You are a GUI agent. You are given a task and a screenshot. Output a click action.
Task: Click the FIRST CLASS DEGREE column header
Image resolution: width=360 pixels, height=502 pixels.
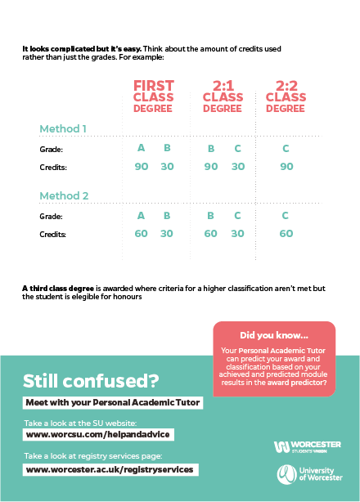click(x=154, y=96)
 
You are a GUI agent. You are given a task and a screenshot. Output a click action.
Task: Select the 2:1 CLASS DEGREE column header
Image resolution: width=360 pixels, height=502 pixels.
click(x=223, y=96)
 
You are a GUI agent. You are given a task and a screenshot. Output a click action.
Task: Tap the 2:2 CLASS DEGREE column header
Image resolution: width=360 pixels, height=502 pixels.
click(x=286, y=96)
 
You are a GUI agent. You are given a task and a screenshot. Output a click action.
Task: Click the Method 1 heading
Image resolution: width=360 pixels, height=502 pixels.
click(x=63, y=128)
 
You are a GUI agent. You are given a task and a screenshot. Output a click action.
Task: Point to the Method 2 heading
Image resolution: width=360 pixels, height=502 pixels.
click(x=64, y=195)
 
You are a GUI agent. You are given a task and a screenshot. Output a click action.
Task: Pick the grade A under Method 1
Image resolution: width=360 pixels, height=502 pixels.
click(x=141, y=148)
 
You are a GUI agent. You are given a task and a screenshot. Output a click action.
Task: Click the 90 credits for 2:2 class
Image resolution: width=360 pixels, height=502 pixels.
click(x=286, y=167)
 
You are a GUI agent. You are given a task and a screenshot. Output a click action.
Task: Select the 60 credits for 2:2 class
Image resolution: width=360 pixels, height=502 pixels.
click(x=286, y=233)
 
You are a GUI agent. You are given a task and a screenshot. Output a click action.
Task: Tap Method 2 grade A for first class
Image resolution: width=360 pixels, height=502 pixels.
click(x=141, y=216)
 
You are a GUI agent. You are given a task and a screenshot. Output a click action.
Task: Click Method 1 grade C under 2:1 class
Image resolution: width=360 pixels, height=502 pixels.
click(x=237, y=149)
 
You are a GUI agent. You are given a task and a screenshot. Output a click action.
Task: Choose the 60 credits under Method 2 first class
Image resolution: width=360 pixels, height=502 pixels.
click(x=141, y=233)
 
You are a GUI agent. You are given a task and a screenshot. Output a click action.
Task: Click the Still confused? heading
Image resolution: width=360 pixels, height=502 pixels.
click(x=91, y=381)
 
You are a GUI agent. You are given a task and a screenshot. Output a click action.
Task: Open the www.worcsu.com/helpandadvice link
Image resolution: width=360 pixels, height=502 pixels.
click(x=98, y=434)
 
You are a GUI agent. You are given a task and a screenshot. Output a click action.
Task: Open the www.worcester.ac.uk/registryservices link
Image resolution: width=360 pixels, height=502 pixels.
click(x=110, y=469)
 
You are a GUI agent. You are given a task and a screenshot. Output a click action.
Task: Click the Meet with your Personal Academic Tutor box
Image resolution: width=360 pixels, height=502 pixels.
click(x=113, y=402)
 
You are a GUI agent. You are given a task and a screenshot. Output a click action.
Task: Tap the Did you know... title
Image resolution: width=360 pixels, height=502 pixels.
click(x=274, y=335)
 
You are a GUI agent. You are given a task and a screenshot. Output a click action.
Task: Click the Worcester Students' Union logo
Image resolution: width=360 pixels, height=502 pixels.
click(x=308, y=447)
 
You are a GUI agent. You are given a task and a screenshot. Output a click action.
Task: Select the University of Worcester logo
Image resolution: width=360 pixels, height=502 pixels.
click(x=309, y=474)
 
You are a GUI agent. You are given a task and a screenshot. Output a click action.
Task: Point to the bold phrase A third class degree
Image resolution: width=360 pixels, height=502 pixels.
click(x=58, y=289)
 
